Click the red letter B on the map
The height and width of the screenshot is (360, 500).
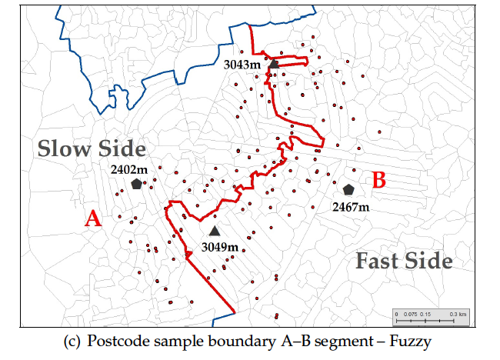coord(378,180)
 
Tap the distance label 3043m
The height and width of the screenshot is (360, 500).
coord(242,65)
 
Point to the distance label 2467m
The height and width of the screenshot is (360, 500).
coord(351,206)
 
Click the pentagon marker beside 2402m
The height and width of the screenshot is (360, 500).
coord(136,184)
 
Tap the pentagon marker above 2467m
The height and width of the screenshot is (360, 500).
coord(348,189)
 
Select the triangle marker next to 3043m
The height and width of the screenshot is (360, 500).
coord(273,65)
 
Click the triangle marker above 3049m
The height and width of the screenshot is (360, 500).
coord(215,231)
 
